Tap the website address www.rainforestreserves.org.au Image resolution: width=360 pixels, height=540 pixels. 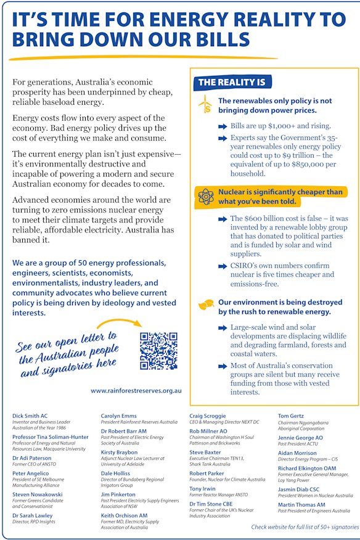click(x=136, y=390)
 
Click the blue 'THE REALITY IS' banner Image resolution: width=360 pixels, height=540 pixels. click(x=231, y=82)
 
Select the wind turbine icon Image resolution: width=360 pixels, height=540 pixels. click(x=204, y=104)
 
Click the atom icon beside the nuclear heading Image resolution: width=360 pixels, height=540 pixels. click(x=205, y=197)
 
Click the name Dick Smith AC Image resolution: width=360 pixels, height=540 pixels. click(x=30, y=416)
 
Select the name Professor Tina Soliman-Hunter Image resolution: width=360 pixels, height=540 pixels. click(x=50, y=437)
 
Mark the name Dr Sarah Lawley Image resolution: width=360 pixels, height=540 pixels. click(x=34, y=515)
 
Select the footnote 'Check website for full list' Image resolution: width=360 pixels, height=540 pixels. click(x=305, y=528)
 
